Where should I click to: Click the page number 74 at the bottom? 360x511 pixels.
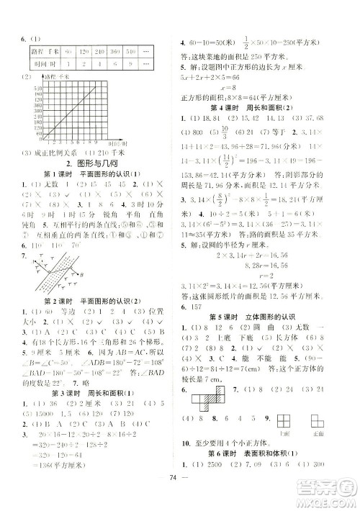[179, 497]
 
